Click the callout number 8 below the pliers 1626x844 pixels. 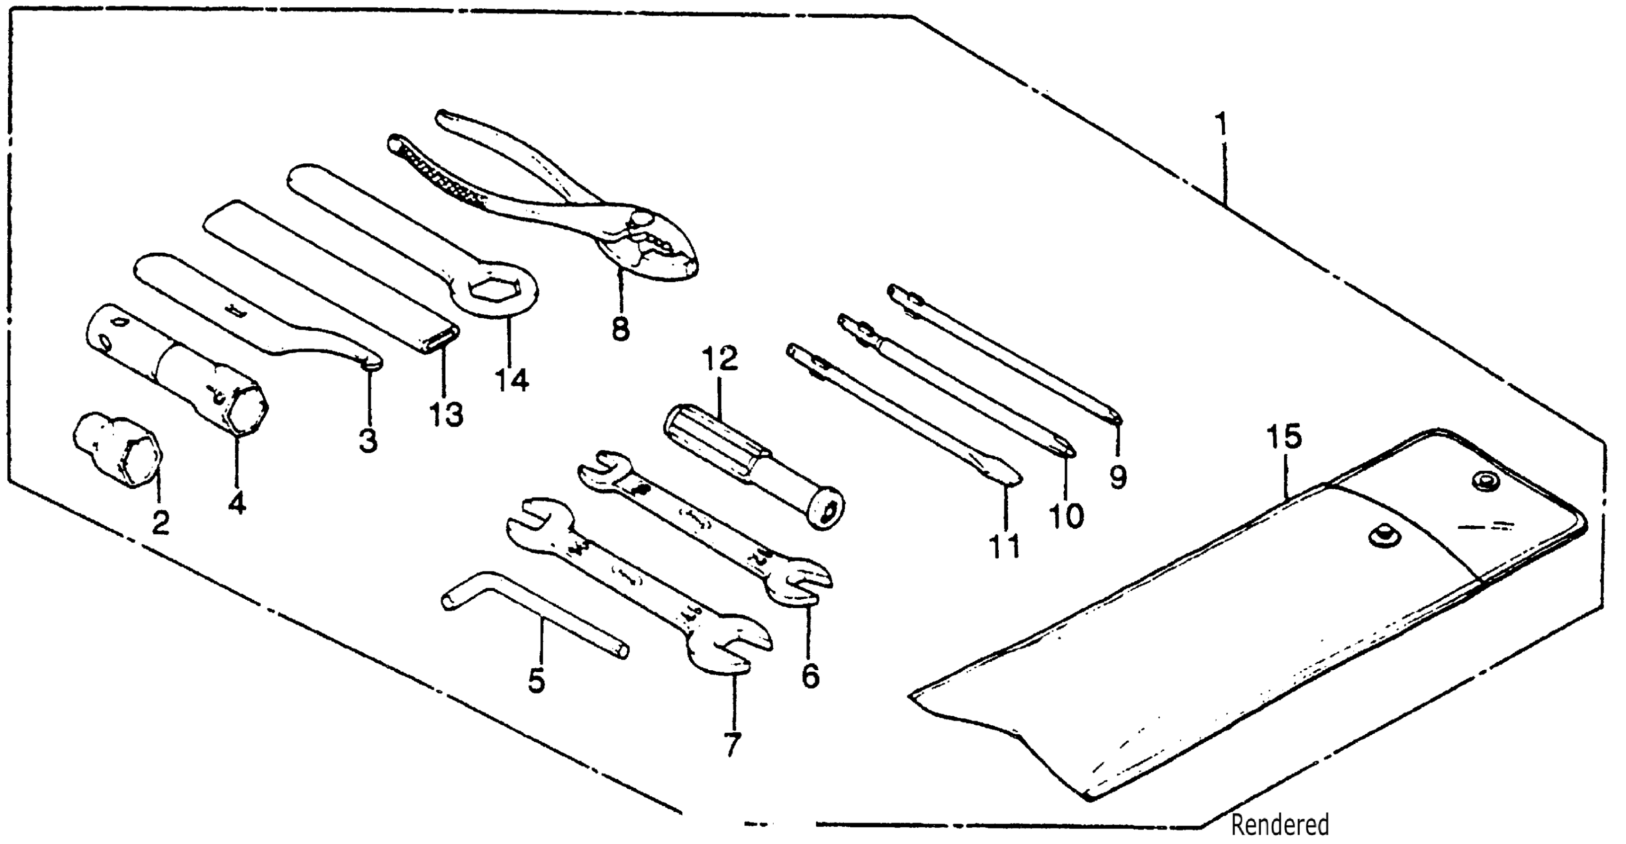point(620,329)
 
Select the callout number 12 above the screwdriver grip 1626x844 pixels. point(720,359)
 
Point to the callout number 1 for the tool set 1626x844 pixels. point(1223,125)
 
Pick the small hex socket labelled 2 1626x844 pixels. point(118,450)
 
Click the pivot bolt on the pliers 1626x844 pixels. point(642,218)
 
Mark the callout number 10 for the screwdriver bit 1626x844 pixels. point(1067,515)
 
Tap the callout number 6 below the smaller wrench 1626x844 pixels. point(811,676)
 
